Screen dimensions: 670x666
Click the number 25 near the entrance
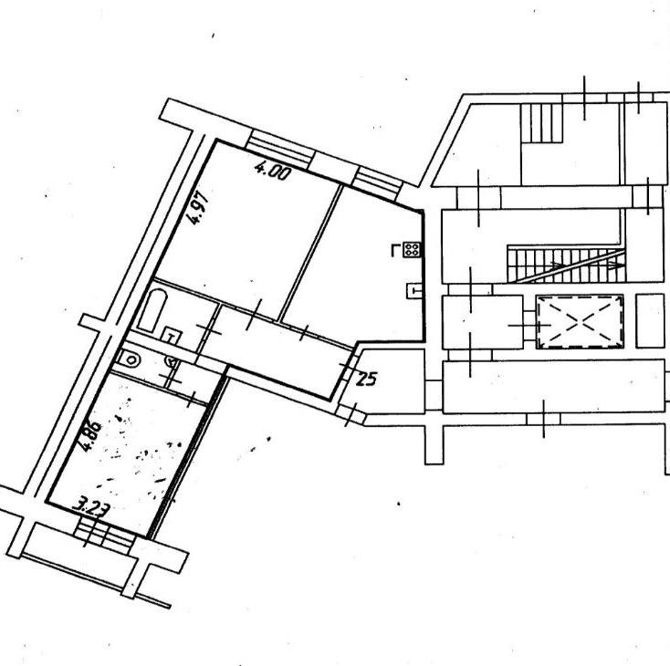click(x=366, y=379)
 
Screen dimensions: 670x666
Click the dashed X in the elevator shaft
click(x=580, y=321)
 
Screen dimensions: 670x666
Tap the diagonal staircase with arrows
click(x=566, y=265)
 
